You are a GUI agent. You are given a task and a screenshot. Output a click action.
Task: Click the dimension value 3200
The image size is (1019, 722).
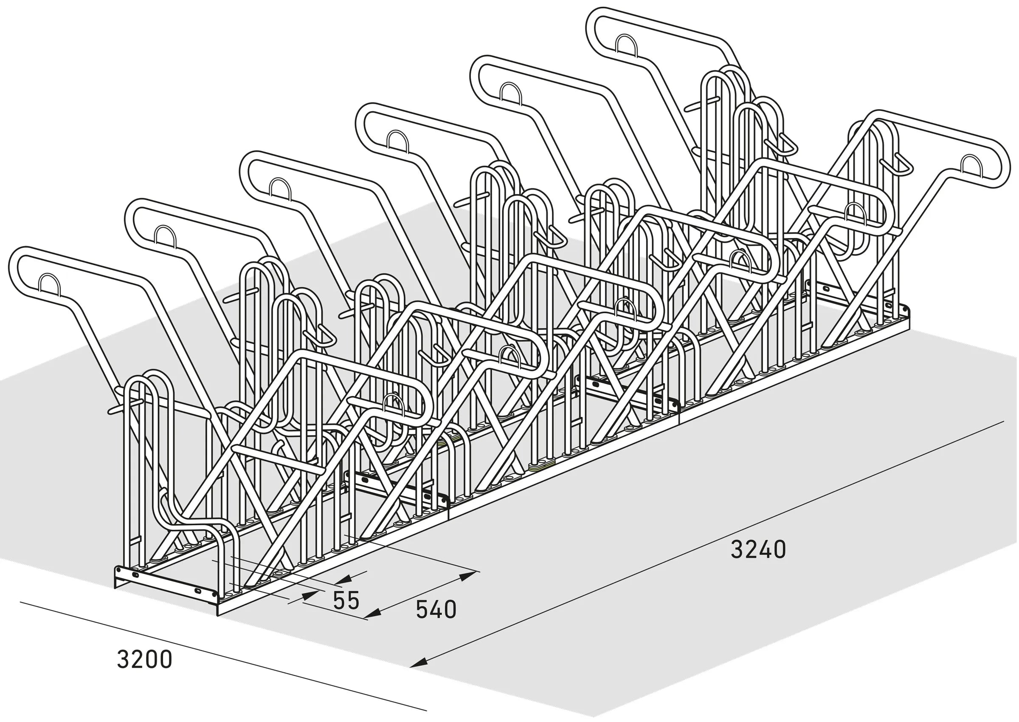tap(144, 659)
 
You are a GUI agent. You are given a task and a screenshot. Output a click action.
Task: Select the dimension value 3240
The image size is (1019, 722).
tap(758, 549)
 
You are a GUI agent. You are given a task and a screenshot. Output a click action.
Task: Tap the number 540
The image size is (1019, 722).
tap(436, 609)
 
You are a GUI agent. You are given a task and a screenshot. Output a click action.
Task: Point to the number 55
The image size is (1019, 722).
tap(346, 600)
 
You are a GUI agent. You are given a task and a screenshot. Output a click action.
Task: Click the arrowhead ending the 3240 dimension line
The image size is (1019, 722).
tap(417, 664)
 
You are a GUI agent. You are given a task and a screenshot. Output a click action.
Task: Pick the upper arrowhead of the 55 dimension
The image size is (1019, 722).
tap(344, 579)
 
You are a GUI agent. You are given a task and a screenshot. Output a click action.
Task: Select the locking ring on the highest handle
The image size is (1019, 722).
tap(626, 46)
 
